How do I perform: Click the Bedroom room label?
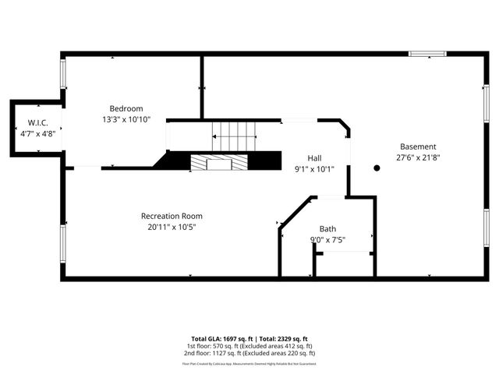click(126, 108)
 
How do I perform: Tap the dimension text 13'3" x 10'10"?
click(126, 119)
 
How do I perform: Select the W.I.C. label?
click(38, 123)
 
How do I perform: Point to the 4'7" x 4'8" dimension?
click(38, 134)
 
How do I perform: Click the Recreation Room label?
click(172, 216)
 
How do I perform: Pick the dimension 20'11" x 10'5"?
click(172, 227)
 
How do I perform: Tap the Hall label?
click(314, 157)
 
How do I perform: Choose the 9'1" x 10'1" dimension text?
click(314, 168)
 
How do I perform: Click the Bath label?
click(327, 228)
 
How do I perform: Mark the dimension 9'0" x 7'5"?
click(327, 239)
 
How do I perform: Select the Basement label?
click(418, 146)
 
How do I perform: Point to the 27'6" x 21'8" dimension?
click(418, 157)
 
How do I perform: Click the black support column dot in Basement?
click(377, 168)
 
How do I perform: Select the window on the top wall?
click(428, 54)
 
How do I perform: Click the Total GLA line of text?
click(249, 339)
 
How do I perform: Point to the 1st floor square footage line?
click(249, 346)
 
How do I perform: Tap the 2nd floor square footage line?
click(249, 353)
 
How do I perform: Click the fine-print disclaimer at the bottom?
click(249, 363)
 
